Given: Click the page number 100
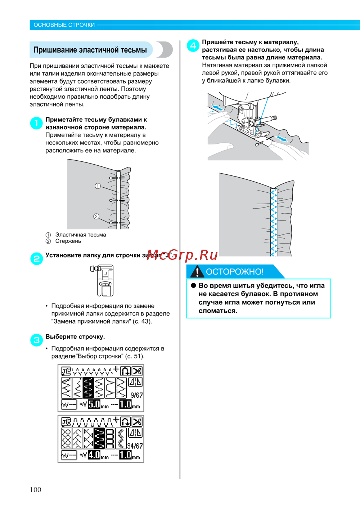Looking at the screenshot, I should tap(35, 489).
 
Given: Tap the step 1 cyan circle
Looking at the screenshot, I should tap(36, 123).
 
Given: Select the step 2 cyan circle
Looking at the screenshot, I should tap(36, 259).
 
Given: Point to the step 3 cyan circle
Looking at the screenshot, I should tap(36, 340).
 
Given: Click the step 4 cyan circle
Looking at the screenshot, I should tap(193, 45).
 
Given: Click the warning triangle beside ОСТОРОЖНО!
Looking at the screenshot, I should tap(197, 272).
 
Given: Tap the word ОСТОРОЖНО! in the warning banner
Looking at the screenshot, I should tap(235, 272).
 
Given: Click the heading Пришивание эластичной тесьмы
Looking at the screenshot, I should tap(90, 50).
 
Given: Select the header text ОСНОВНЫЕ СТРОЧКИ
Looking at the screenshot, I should tap(64, 25).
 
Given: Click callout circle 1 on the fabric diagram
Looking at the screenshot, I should tap(98, 186).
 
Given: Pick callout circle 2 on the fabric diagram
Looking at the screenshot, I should tap(96, 216).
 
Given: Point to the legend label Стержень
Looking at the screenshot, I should tap(68, 241).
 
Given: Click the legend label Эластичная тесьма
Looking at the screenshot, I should tap(81, 235).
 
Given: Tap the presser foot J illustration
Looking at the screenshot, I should tap(103, 280).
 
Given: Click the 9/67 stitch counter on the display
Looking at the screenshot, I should tap(136, 395).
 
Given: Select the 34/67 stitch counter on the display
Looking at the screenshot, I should tap(135, 446).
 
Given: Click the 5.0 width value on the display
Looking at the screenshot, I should tap(94, 404).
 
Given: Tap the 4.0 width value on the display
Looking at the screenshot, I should tap(94, 455).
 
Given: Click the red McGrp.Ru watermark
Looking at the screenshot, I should tap(182, 255).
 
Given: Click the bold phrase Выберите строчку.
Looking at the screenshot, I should tap(75, 336).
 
